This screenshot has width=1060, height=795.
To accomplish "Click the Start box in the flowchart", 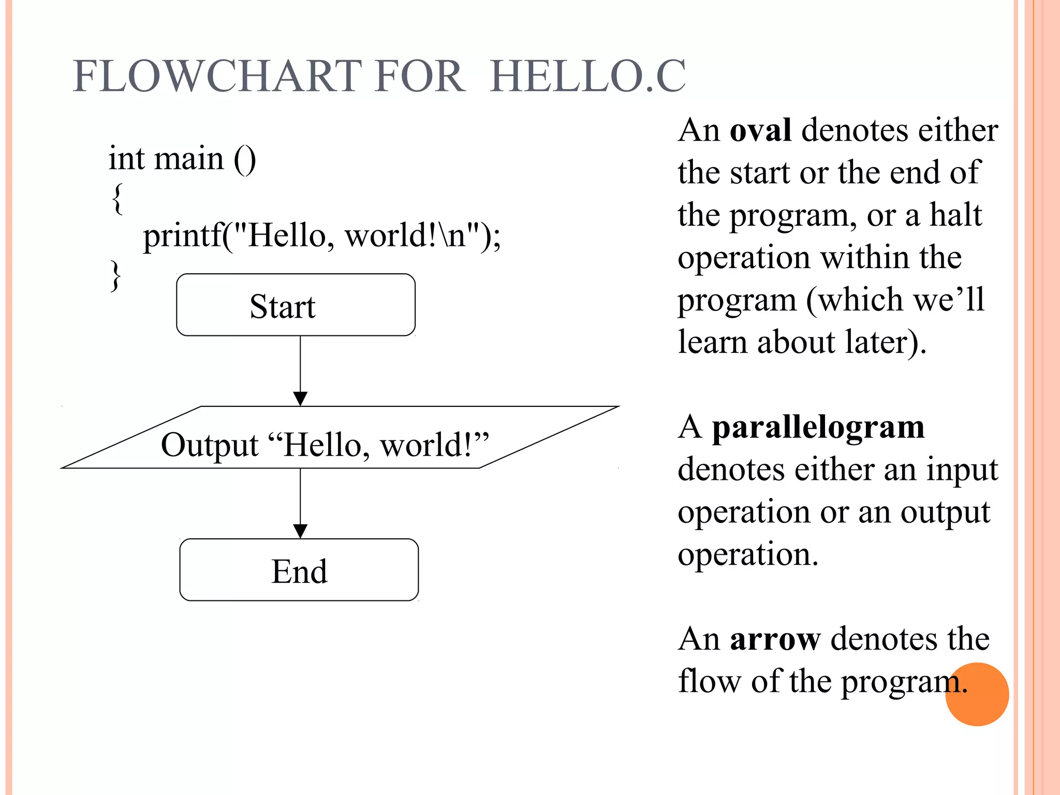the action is [296, 305].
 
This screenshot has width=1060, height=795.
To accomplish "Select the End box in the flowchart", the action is [299, 570].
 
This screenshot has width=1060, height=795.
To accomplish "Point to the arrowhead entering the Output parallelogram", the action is [300, 399].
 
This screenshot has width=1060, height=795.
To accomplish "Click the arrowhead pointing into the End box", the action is [300, 531].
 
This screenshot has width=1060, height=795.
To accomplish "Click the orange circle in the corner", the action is [977, 695].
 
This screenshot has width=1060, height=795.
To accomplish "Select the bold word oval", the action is [760, 130].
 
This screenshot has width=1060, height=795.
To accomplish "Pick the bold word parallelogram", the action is [818, 428].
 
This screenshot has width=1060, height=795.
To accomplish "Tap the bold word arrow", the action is [775, 639].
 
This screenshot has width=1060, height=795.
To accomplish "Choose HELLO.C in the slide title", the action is [588, 77].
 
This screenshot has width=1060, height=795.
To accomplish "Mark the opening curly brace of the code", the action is [117, 198].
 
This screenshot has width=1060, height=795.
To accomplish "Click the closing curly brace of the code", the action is [116, 276].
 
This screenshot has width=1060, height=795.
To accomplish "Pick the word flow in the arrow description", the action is [710, 681].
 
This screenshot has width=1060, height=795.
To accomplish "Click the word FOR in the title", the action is [420, 77].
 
